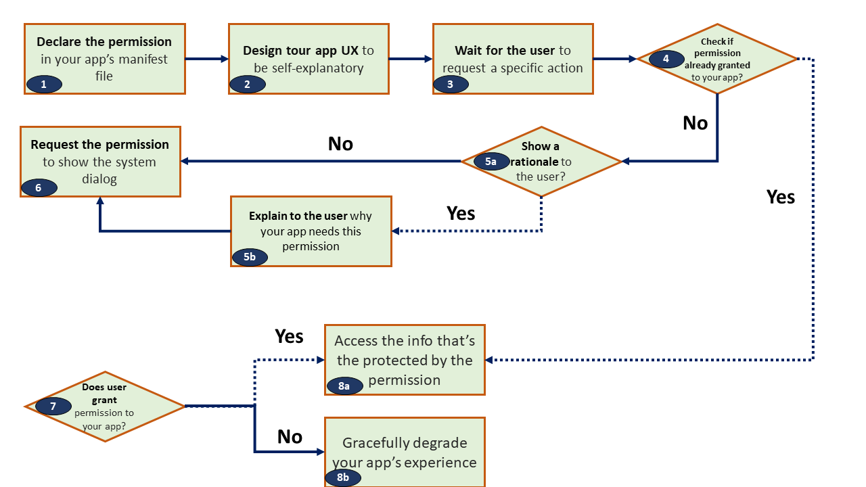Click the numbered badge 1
44,85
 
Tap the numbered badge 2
248,85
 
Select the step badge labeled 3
451,85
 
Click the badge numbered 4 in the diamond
666,59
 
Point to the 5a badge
491,161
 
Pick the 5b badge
250,257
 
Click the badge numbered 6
39,188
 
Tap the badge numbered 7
53,407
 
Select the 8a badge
345,386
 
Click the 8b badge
343,478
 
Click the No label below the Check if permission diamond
695,123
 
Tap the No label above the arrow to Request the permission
340,144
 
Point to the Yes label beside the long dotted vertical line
781,197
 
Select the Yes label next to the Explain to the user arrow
461,213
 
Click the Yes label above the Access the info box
289,336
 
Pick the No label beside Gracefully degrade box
290,437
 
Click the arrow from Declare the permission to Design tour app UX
207,59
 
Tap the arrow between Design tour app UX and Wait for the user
411,59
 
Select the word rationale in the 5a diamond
534,162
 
